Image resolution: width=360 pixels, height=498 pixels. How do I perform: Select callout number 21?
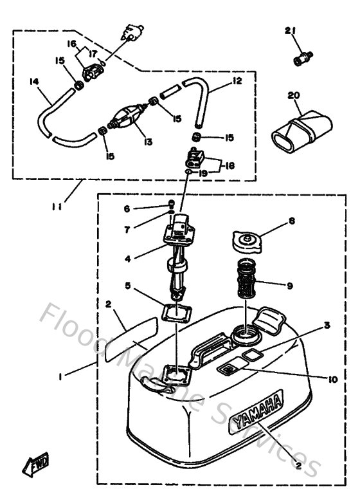coord(291,31)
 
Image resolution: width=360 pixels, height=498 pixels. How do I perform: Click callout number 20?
coord(294,95)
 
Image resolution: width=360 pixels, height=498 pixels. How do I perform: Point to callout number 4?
coord(129,259)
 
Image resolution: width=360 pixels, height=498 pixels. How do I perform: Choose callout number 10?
coord(332,380)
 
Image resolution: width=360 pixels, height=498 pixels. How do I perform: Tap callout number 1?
coord(60,378)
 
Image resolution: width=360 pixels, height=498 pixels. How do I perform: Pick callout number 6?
coord(127,208)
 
